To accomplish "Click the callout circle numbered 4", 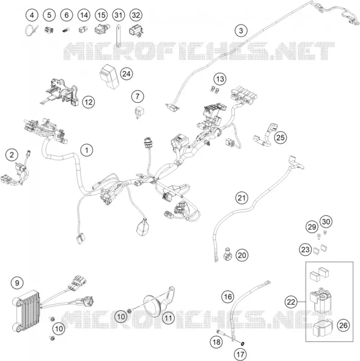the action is [x=32, y=15].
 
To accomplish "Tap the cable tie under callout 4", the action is [x=31, y=31].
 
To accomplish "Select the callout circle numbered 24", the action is [x=127, y=74].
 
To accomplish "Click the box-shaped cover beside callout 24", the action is [x=109, y=76].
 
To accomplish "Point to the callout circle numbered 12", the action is [x=89, y=102].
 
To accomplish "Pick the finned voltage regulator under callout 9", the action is [x=26, y=310].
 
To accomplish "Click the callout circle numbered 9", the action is [x=17, y=283].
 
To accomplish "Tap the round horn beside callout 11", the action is [x=153, y=305].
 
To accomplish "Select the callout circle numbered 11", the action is [x=168, y=318].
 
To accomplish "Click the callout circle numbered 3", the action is [x=241, y=31].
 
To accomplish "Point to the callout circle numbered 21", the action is [x=241, y=198].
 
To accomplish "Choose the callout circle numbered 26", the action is [x=343, y=326].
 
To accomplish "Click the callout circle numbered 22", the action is [x=291, y=302].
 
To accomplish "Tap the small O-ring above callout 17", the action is [x=242, y=344].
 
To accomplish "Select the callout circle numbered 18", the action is [x=216, y=342].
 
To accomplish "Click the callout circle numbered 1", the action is [x=87, y=151].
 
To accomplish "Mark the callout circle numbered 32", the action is [x=136, y=15].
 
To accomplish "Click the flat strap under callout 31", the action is [x=119, y=35].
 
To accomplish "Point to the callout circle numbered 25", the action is [x=281, y=138].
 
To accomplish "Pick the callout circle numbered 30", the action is [x=326, y=221].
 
